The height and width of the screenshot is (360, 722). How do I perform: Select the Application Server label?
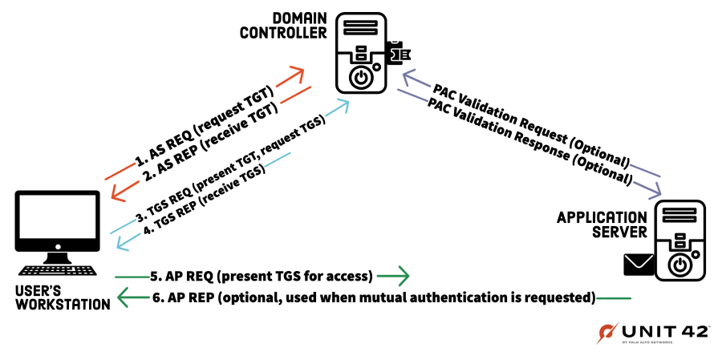[x=602, y=224]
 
